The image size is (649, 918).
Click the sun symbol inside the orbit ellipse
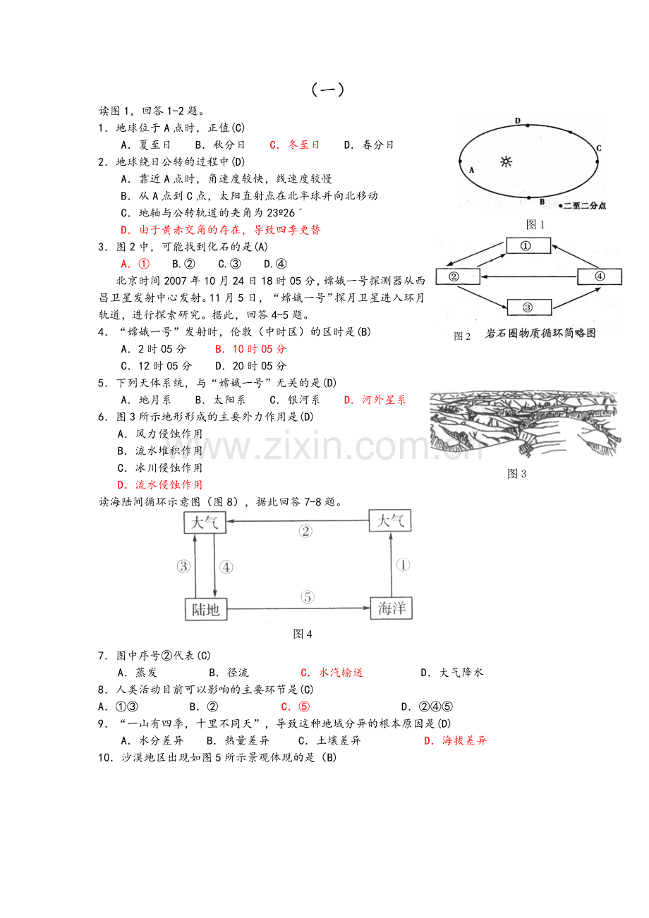pyautogui.click(x=506, y=161)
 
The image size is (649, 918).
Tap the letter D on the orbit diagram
pyautogui.click(x=517, y=121)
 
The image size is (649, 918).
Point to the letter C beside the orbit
pyautogui.click(x=598, y=148)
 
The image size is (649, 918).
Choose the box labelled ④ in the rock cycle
pyautogui.click(x=600, y=276)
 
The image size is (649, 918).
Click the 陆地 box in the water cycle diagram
pyautogui.click(x=206, y=609)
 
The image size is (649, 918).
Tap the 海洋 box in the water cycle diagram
pyautogui.click(x=392, y=608)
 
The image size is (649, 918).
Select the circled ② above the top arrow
pyautogui.click(x=305, y=532)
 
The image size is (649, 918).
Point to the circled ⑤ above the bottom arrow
pyautogui.click(x=308, y=597)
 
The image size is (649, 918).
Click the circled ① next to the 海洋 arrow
pyautogui.click(x=403, y=565)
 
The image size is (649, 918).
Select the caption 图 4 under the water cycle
pyautogui.click(x=303, y=634)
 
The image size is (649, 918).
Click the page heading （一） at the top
pyautogui.click(x=327, y=90)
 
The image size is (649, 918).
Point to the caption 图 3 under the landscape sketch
pyautogui.click(x=517, y=474)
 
